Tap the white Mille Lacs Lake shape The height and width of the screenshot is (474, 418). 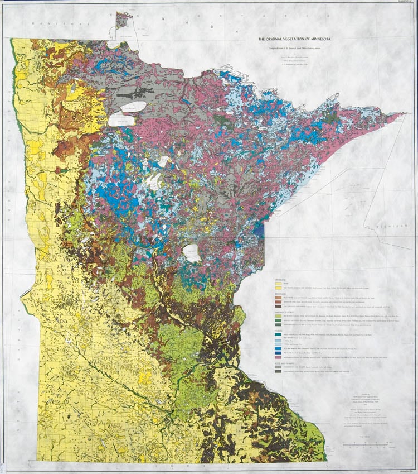click(x=193, y=253)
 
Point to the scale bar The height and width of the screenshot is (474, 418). click(x=368, y=444)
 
